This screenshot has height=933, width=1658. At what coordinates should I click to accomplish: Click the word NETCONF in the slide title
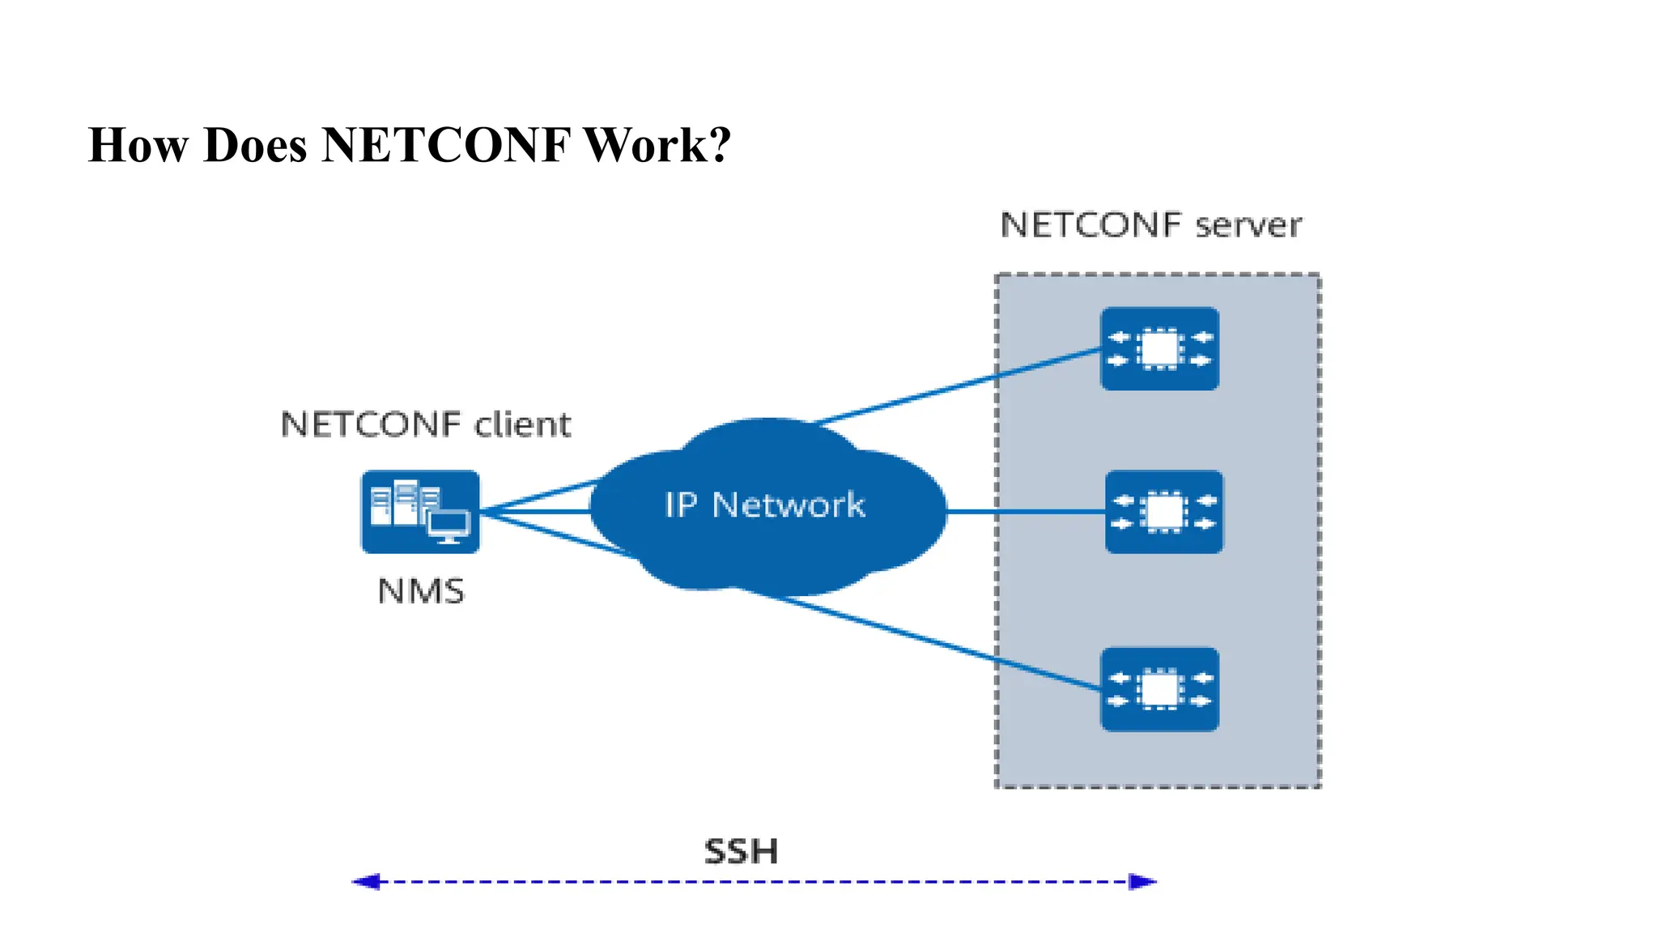click(x=445, y=146)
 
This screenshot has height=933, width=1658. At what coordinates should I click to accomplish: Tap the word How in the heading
click(x=138, y=146)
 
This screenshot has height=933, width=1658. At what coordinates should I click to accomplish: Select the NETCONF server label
click(x=1150, y=225)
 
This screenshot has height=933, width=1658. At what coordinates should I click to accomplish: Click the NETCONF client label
click(x=425, y=424)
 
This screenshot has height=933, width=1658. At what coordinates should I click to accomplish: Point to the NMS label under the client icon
click(x=421, y=591)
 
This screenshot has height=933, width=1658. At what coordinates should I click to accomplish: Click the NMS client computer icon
click(x=420, y=512)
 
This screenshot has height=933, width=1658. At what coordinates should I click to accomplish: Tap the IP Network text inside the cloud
click(x=764, y=505)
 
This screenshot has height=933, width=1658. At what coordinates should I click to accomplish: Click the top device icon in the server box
click(x=1159, y=349)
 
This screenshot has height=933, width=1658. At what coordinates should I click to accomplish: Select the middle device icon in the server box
click(x=1164, y=512)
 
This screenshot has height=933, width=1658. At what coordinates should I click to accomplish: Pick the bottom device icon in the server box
click(x=1159, y=689)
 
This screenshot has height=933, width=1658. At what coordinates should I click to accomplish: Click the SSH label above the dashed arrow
click(x=741, y=851)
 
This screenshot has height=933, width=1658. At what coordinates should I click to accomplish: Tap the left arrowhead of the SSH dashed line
click(x=366, y=881)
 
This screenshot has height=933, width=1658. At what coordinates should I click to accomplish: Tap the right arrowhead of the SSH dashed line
click(x=1142, y=881)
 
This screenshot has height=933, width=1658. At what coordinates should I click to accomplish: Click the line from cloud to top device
click(x=955, y=386)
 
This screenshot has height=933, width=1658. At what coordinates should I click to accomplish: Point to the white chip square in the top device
click(x=1159, y=349)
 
